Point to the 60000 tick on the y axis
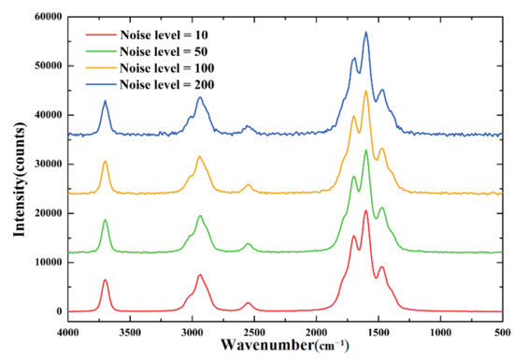click(x=43, y=17)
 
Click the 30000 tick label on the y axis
click(x=43, y=165)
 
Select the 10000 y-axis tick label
click(x=43, y=263)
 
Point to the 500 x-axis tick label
click(x=501, y=329)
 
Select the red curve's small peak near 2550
click(x=249, y=303)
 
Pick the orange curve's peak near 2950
click(x=199, y=156)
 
